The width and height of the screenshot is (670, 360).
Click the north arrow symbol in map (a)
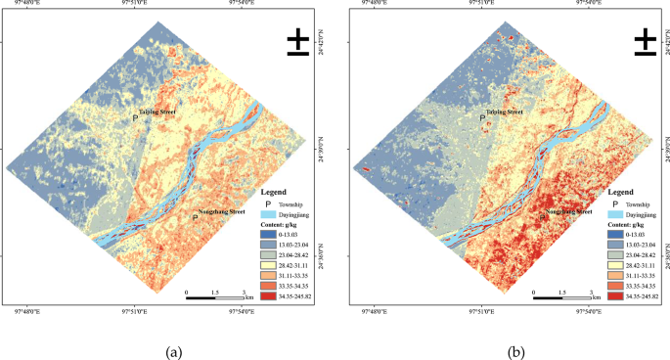(299, 39)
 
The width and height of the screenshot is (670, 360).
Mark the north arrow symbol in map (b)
(647, 39)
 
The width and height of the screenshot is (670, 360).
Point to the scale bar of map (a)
(214, 296)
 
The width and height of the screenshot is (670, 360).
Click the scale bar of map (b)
(561, 296)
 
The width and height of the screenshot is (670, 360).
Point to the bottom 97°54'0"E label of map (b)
(587, 313)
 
